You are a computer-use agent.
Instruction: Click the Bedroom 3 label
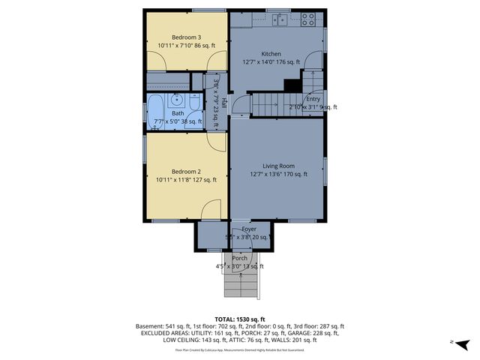tap(186, 37)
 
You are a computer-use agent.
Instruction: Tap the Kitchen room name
tap(271, 54)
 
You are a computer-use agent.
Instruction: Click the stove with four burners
tap(308, 20)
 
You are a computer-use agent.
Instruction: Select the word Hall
tap(223, 105)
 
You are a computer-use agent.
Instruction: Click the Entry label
tap(313, 99)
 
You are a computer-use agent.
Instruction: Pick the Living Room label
tap(277, 166)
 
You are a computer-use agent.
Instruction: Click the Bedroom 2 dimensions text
tap(186, 180)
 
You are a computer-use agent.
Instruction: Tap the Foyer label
tap(249, 229)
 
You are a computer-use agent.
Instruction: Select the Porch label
tap(239, 258)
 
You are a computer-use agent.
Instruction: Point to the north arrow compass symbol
tap(463, 343)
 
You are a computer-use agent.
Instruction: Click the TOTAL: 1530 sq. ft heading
tap(240, 319)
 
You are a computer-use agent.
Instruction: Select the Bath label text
tap(178, 113)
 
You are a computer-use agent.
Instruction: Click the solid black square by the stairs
tap(291, 85)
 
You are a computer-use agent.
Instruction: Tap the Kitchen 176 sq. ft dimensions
tap(271, 62)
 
